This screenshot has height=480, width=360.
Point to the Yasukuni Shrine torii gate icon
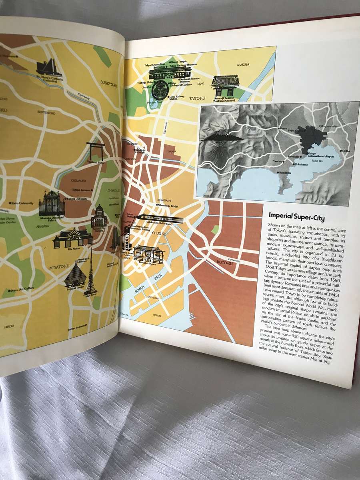point(96,151)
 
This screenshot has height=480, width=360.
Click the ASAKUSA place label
point(242,64)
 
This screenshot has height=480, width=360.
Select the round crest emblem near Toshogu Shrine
point(162,86)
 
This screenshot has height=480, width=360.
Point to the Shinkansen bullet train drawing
point(160,219)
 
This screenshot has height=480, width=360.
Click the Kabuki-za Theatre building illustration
point(148,254)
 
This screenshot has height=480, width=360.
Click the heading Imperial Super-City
point(296,218)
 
